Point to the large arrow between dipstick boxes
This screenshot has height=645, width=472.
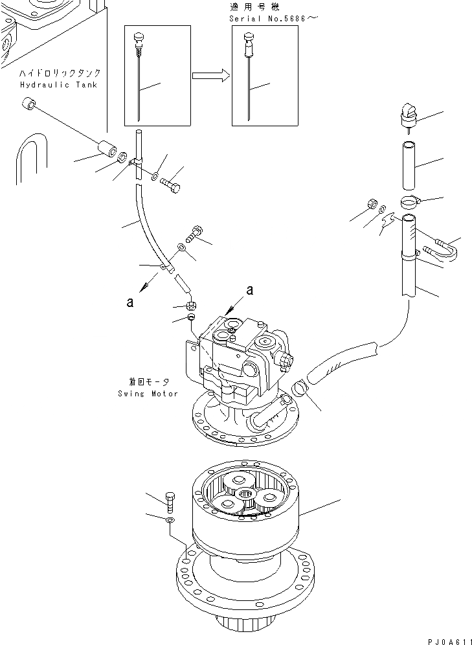tap(211, 76)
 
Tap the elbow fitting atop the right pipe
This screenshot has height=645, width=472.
tap(410, 115)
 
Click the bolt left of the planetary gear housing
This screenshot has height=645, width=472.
tap(170, 501)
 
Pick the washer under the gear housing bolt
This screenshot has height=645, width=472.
tap(170, 519)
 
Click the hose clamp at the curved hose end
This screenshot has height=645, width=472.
tap(300, 390)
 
